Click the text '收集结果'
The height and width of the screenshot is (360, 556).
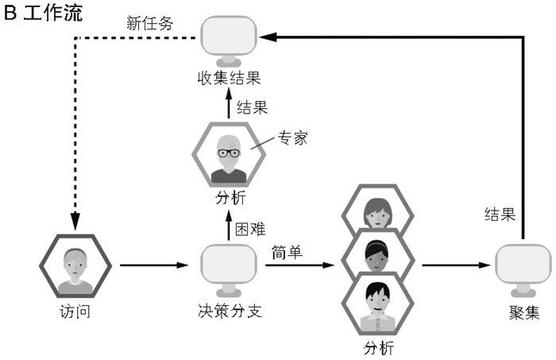pos(230,78)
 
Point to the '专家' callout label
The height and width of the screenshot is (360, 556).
pos(292,138)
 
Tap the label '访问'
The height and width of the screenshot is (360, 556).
pos(75,311)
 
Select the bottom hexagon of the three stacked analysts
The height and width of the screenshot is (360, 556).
pos(376,303)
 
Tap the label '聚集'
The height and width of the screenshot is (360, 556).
pos(523,311)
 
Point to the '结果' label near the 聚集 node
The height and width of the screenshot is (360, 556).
pos(500,214)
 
